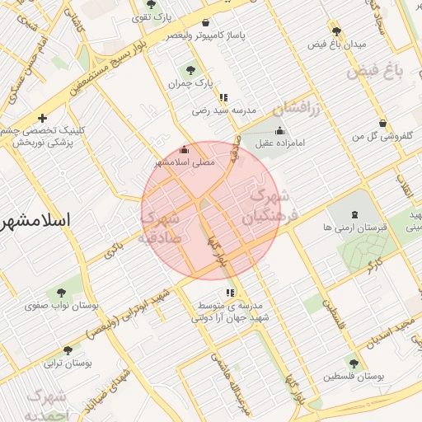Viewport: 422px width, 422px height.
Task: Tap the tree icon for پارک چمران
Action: (191, 70)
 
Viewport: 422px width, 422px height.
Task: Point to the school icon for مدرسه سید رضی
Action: (223, 98)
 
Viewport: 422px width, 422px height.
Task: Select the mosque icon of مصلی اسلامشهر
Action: (184, 150)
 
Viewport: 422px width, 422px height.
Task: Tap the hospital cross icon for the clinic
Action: (42, 119)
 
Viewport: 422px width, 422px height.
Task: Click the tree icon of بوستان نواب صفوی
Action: (62, 292)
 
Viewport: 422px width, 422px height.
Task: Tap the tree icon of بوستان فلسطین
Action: (354, 363)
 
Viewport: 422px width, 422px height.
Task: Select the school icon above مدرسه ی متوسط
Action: (230, 292)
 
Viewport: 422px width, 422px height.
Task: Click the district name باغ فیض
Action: (376, 72)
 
